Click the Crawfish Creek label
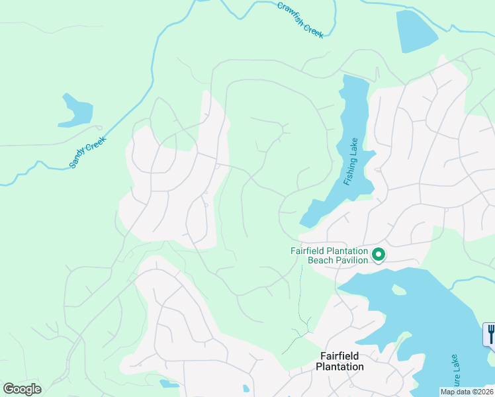tap(300, 20)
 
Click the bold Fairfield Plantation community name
tap(339, 361)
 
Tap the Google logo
tap(22, 389)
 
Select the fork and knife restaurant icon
tap(490, 334)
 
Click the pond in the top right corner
tap(415, 31)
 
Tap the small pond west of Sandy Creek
tap(77, 111)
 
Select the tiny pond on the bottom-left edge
tap(168, 384)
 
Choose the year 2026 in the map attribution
tap(483, 392)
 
